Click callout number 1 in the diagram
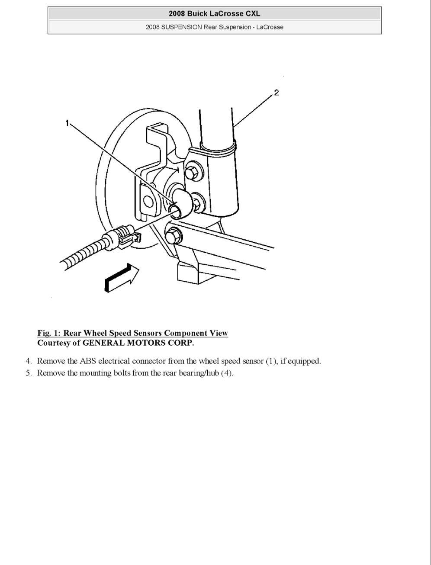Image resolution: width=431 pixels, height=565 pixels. (67, 123)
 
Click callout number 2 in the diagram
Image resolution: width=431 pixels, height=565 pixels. (276, 93)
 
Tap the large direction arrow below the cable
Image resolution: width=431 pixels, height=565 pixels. (122, 277)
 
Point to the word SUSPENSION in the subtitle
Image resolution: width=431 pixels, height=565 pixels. (181, 27)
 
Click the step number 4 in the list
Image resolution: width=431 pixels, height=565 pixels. (28, 361)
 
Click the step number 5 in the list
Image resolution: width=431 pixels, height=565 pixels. (28, 373)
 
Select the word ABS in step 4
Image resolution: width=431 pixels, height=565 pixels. (87, 361)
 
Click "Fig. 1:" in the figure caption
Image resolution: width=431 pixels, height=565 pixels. (48, 333)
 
